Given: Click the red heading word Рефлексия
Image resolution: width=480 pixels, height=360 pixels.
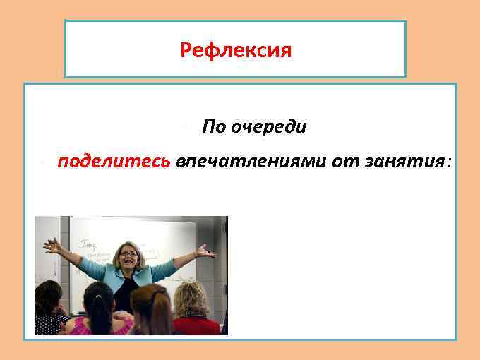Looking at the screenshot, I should click(235, 51).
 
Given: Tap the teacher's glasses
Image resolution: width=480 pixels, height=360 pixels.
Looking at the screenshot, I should click(128, 253).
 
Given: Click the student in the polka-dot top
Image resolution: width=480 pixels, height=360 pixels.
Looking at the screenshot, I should click(49, 323).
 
